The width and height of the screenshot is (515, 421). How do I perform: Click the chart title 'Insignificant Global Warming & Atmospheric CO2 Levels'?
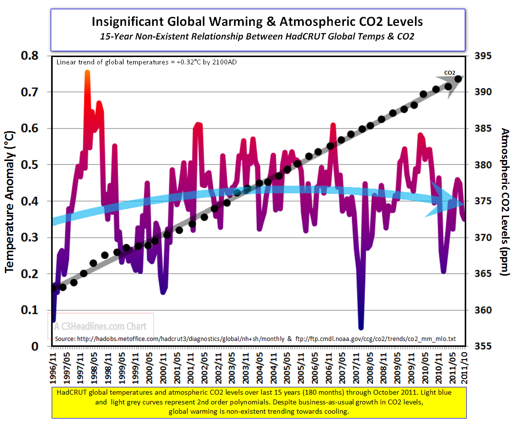tap(257, 21)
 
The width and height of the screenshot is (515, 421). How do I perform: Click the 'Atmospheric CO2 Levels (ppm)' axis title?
tap(505, 201)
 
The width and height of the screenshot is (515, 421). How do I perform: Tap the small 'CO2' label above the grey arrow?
tap(450, 73)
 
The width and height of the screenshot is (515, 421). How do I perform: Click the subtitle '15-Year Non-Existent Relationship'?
tap(257, 37)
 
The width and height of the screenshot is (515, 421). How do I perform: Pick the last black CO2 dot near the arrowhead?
tap(458, 79)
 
